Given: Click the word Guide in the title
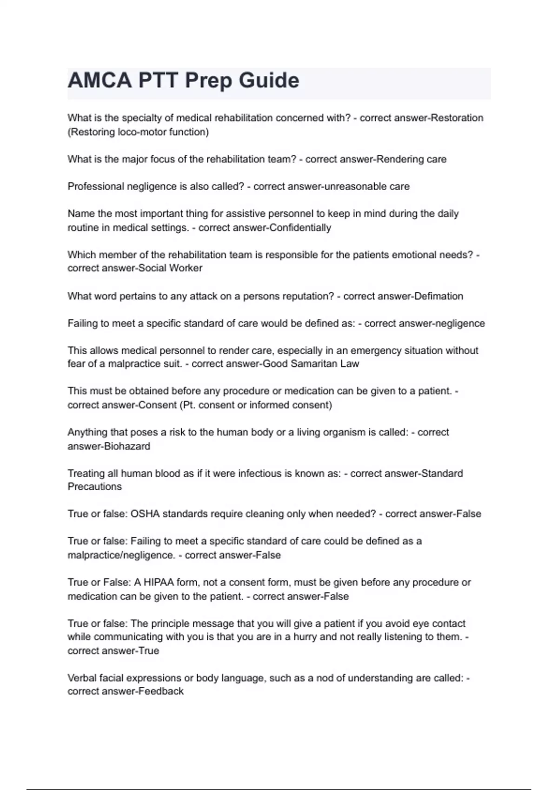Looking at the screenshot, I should [269, 80].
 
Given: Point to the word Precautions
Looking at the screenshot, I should [94, 487].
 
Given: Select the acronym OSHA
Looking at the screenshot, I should [145, 514].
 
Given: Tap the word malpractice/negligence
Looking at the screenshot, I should [121, 555].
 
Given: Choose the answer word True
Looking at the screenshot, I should [149, 651].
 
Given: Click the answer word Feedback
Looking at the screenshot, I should [161, 691].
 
